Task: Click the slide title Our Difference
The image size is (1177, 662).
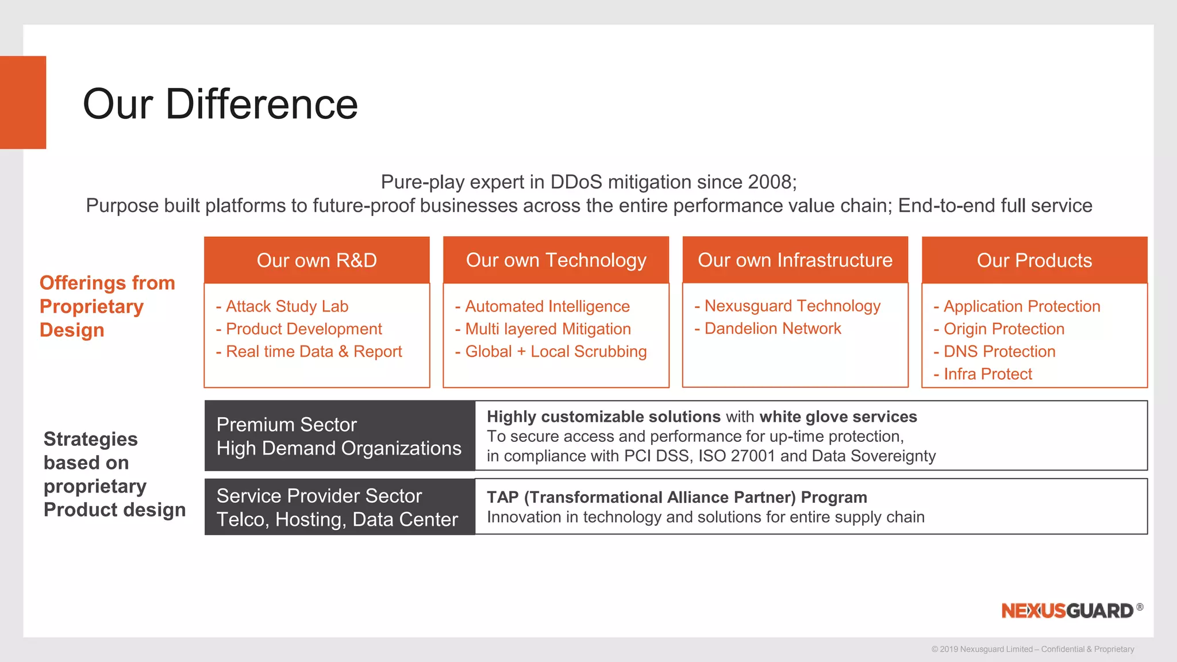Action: click(220, 104)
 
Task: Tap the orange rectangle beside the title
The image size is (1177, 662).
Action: click(23, 102)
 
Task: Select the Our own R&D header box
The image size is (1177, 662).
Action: click(317, 260)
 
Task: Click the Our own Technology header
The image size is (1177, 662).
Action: click(556, 260)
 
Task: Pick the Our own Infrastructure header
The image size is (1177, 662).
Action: click(795, 260)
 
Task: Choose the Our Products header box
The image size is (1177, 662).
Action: click(1034, 260)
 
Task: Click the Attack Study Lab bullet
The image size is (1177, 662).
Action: click(287, 306)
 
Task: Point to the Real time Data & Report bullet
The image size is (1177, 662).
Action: click(313, 351)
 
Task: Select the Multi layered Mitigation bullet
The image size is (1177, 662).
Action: click(547, 329)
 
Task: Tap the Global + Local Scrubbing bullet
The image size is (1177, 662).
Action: click(555, 351)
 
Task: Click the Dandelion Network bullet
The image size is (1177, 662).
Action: click(772, 328)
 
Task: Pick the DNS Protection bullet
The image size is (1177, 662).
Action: click(999, 351)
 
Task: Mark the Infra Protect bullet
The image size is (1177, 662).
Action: click(987, 374)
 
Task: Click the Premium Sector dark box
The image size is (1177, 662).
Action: click(339, 436)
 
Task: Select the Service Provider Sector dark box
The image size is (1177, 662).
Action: click(339, 507)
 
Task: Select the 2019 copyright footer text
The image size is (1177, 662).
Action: click(1032, 649)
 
